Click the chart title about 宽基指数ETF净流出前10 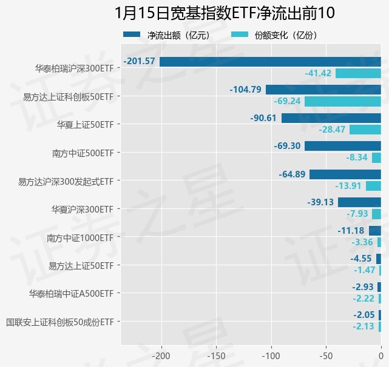[x=225, y=13]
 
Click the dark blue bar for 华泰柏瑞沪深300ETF [x=270, y=61]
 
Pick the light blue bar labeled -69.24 [x=343, y=101]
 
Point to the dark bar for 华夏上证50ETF [x=331, y=118]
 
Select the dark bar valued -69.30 [x=343, y=146]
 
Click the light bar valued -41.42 [x=358, y=73]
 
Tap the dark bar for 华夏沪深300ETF [x=359, y=202]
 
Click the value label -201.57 [x=140, y=61]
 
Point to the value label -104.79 [x=246, y=90]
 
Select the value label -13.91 [x=348, y=186]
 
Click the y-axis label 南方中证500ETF [x=83, y=153]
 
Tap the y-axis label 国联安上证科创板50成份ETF [x=59, y=322]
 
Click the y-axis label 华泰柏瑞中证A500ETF [x=71, y=294]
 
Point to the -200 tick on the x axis [x=161, y=355]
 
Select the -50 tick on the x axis [x=326, y=355]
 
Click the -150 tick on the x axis [x=216, y=355]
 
